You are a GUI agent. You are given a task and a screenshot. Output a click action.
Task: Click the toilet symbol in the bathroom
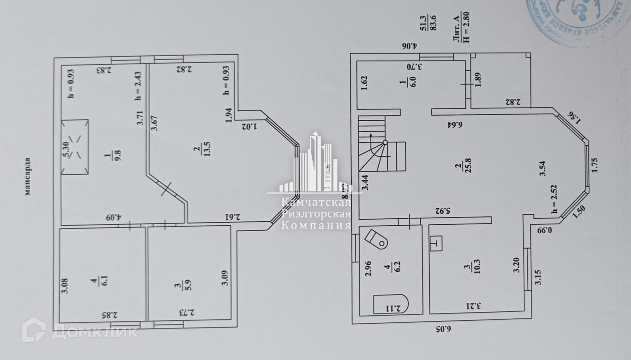tap(377, 240)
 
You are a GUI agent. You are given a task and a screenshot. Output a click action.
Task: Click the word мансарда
tap(28, 176)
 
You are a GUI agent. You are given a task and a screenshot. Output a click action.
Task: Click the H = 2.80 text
tap(466, 26)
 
